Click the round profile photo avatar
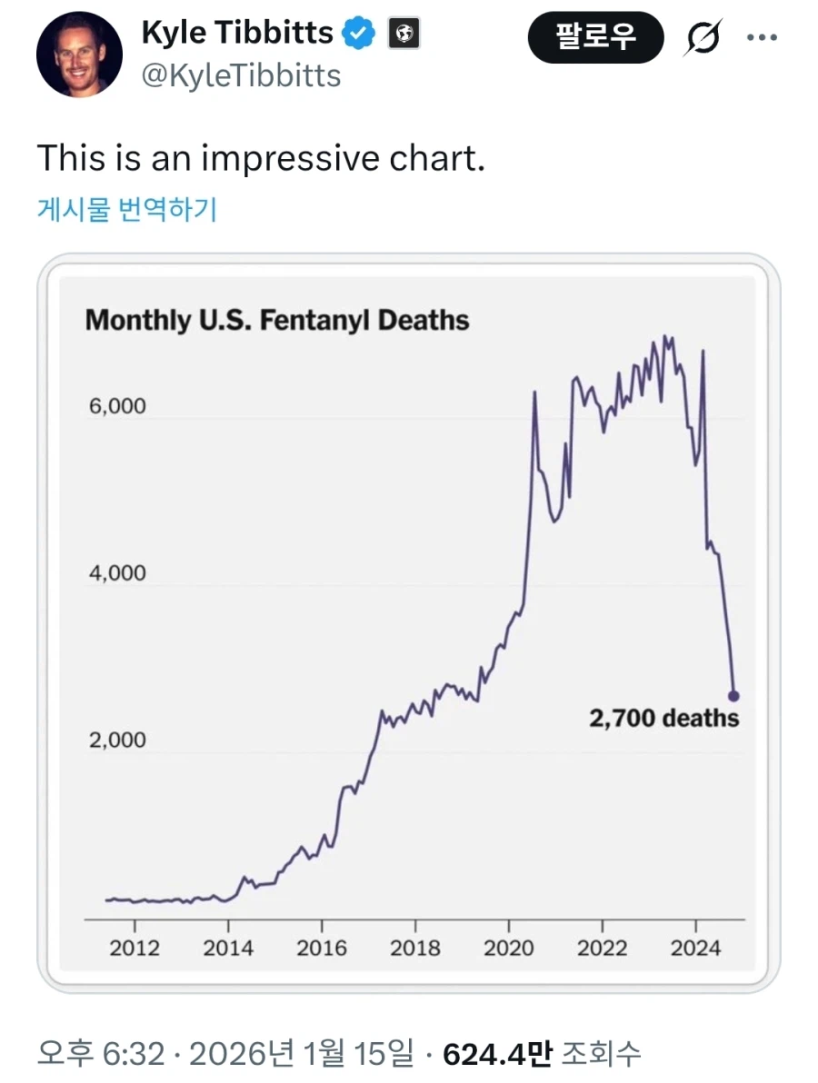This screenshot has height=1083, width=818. [x=79, y=55]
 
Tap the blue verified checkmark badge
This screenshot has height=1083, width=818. [x=357, y=35]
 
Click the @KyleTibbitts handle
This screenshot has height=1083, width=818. [x=241, y=75]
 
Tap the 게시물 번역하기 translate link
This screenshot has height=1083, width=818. [x=126, y=210]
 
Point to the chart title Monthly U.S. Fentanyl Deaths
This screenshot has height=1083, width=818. [x=277, y=320]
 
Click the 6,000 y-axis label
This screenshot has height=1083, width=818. [x=117, y=406]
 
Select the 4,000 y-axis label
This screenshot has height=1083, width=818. [x=117, y=573]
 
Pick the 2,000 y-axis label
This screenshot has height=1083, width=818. [x=117, y=740]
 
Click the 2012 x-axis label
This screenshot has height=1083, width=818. [x=135, y=948]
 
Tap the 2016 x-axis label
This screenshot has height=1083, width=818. [x=322, y=948]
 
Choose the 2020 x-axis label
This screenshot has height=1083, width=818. [x=509, y=948]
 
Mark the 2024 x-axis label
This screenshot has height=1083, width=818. [x=695, y=948]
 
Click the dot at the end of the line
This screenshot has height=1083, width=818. [x=734, y=696]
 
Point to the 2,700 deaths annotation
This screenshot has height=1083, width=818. [x=664, y=719]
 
